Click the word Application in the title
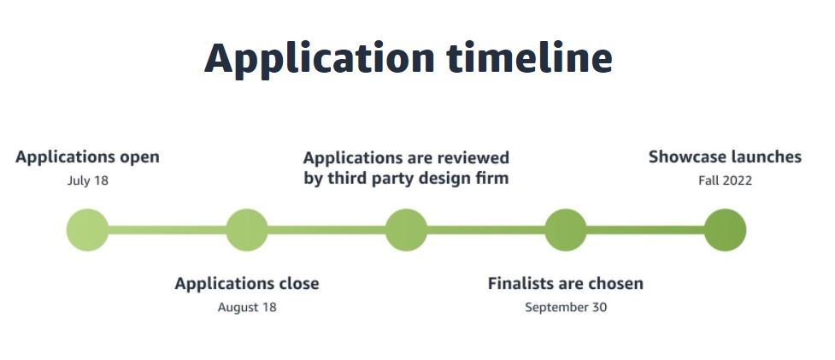pyautogui.click(x=320, y=60)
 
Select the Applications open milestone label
pyautogui.click(x=87, y=157)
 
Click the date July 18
pyautogui.click(x=87, y=180)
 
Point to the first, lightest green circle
pyautogui.click(x=87, y=230)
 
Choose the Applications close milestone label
pyautogui.click(x=246, y=284)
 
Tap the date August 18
pyautogui.click(x=246, y=307)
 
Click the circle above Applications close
pyautogui.click(x=246, y=230)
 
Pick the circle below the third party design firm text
pyautogui.click(x=406, y=230)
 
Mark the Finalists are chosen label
pyautogui.click(x=566, y=283)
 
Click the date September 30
pyautogui.click(x=566, y=307)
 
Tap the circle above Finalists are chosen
pyautogui.click(x=566, y=230)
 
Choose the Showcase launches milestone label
pyautogui.click(x=725, y=157)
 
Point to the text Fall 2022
pyautogui.click(x=725, y=180)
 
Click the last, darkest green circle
pyautogui.click(x=725, y=230)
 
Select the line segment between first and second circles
pyautogui.click(x=168, y=230)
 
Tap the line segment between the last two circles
pyautogui.click(x=645, y=230)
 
